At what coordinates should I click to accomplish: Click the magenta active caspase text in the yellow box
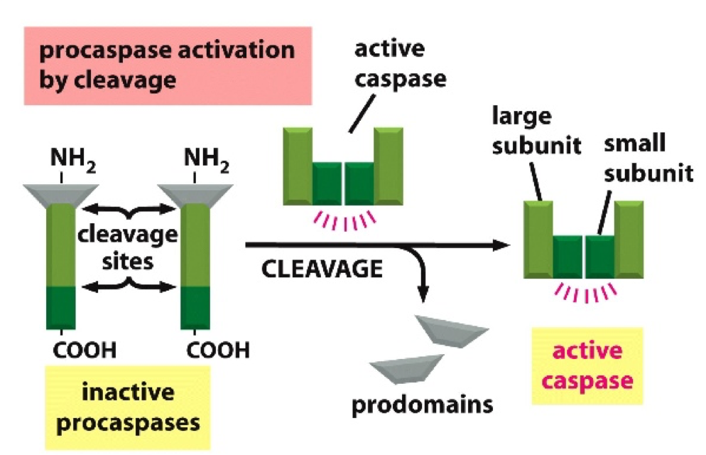point(587,365)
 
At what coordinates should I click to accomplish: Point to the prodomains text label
point(422,405)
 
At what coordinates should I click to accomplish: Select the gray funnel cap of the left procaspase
point(60,193)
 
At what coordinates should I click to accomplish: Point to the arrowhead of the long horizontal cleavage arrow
point(504,245)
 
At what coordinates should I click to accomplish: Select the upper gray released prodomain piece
point(452,331)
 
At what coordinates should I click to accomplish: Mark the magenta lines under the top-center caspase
point(344,220)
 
